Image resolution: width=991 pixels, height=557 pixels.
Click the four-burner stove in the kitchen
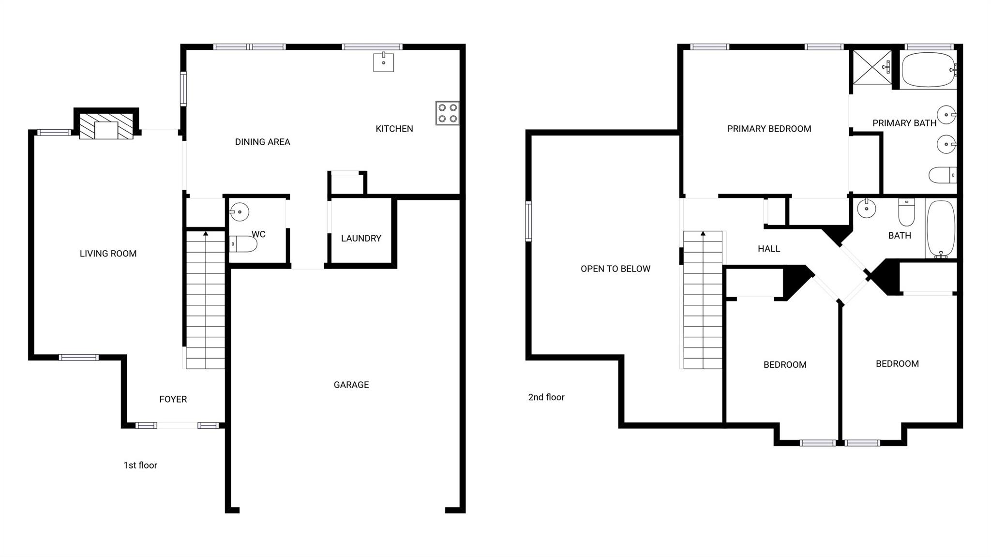point(447,113)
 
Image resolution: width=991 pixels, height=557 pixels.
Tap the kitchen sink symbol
point(383,62)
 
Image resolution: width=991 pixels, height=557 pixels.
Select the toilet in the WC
point(243,244)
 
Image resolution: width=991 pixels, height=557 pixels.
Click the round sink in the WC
point(240,212)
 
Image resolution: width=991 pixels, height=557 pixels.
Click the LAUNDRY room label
point(361,238)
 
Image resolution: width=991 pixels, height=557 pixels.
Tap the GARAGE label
point(351,385)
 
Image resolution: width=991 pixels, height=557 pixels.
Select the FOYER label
point(173,399)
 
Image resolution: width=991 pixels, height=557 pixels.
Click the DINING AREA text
point(262,142)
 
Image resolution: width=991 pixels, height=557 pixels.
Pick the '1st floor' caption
point(140,465)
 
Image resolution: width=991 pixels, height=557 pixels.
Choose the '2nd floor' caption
point(546,397)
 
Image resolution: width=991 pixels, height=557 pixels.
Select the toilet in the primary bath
point(942,175)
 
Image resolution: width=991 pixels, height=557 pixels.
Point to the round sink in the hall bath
point(866,209)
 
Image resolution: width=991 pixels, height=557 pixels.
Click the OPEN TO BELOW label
point(616,269)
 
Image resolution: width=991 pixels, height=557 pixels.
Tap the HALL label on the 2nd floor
point(769,249)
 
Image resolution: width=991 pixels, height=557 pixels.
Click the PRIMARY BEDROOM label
point(769,129)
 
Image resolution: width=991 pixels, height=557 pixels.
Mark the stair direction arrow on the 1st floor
point(206,234)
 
